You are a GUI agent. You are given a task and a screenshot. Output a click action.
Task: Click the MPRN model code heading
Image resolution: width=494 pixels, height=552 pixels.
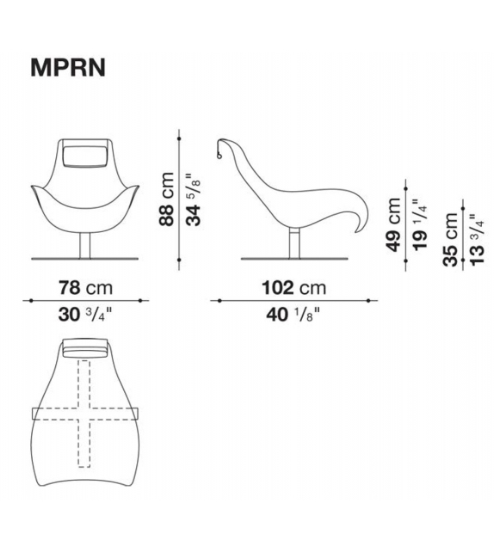pos(68,67)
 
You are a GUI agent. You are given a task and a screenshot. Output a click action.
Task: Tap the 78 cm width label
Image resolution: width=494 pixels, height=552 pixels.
pos(85,288)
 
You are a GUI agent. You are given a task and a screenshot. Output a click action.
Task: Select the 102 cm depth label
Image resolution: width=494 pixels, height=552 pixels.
pos(294,288)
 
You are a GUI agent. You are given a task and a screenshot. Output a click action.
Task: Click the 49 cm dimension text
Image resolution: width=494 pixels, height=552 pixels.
pos(393,224)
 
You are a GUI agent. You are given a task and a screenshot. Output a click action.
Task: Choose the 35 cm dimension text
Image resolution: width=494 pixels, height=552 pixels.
pos(451,239)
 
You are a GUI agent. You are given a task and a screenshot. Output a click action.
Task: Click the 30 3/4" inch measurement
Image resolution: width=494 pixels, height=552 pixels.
pos(85,315)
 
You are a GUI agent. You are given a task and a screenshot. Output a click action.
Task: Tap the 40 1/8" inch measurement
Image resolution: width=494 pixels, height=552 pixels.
pos(293,315)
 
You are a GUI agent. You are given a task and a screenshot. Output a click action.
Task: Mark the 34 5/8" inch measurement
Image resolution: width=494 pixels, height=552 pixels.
pos(194,199)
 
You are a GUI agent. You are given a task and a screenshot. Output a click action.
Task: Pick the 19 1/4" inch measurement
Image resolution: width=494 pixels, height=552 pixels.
pos(420,224)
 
